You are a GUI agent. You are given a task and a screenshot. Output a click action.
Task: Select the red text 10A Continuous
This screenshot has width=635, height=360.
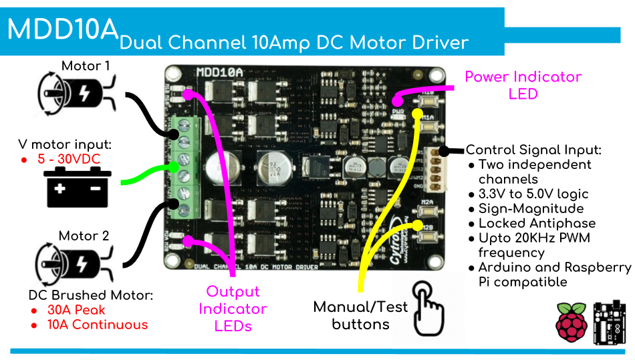tap(97, 325)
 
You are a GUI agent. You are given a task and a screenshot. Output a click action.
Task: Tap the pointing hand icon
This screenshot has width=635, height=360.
tap(428, 307)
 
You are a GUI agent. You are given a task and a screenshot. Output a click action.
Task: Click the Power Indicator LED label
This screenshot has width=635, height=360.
tap(523, 85)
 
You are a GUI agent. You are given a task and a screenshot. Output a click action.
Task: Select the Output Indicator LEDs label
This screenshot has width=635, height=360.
tap(232, 309)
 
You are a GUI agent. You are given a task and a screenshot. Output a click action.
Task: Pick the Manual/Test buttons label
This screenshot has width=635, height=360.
tap(360, 315)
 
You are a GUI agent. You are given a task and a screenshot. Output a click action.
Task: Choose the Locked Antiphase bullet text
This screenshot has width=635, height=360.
tap(537, 223)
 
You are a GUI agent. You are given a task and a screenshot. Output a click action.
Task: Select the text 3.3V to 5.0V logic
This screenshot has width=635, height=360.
tap(533, 194)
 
